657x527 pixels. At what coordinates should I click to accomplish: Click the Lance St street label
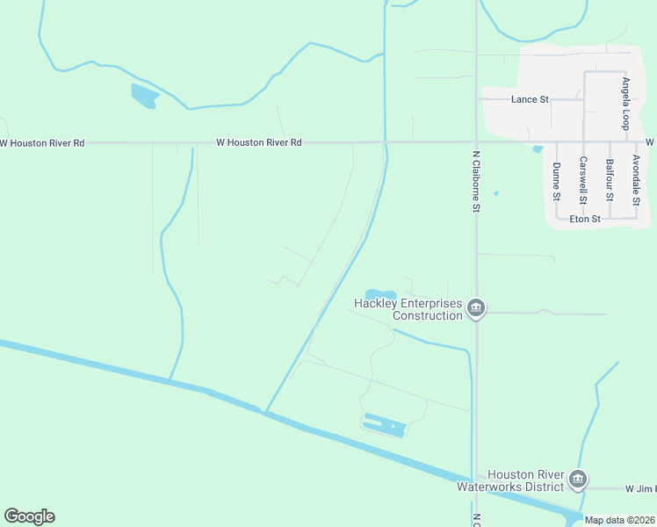point(530,100)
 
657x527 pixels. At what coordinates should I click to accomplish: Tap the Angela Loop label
point(626,103)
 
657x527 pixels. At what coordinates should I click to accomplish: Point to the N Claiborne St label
point(475,181)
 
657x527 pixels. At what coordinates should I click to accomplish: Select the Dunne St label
point(556,182)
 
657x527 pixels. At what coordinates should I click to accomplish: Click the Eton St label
point(585,219)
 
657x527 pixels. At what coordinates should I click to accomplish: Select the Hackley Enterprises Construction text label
point(408,309)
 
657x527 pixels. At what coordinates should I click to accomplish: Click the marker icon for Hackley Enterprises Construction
point(476,307)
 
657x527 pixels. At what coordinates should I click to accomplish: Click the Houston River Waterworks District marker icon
point(577,479)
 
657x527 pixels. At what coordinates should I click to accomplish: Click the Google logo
point(29,516)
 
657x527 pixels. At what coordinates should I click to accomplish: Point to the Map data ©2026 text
point(619,520)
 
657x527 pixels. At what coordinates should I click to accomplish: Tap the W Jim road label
point(639,488)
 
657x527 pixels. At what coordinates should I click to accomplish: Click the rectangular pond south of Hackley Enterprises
point(385,425)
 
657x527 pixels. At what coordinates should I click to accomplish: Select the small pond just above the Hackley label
point(381,294)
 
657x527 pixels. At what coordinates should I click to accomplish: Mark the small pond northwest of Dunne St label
point(537,149)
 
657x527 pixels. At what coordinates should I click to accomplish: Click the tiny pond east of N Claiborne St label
point(496,193)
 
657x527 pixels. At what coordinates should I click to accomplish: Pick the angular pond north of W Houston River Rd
point(143,95)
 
